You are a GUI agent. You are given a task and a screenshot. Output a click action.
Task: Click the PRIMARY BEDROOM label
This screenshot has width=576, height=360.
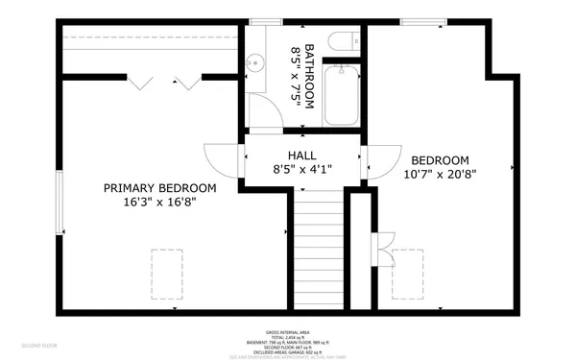pyautogui.click(x=159, y=188)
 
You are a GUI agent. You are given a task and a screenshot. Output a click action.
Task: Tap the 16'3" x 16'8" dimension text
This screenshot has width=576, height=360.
pyautogui.click(x=159, y=203)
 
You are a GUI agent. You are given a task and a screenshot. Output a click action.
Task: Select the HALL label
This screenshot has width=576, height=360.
pyautogui.click(x=302, y=155)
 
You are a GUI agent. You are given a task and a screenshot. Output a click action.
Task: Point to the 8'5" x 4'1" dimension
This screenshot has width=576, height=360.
pyautogui.click(x=302, y=170)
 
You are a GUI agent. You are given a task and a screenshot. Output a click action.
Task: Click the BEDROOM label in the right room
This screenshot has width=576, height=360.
pyautogui.click(x=440, y=160)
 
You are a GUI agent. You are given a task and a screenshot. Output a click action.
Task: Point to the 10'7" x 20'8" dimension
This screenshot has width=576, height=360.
pyautogui.click(x=440, y=175)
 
